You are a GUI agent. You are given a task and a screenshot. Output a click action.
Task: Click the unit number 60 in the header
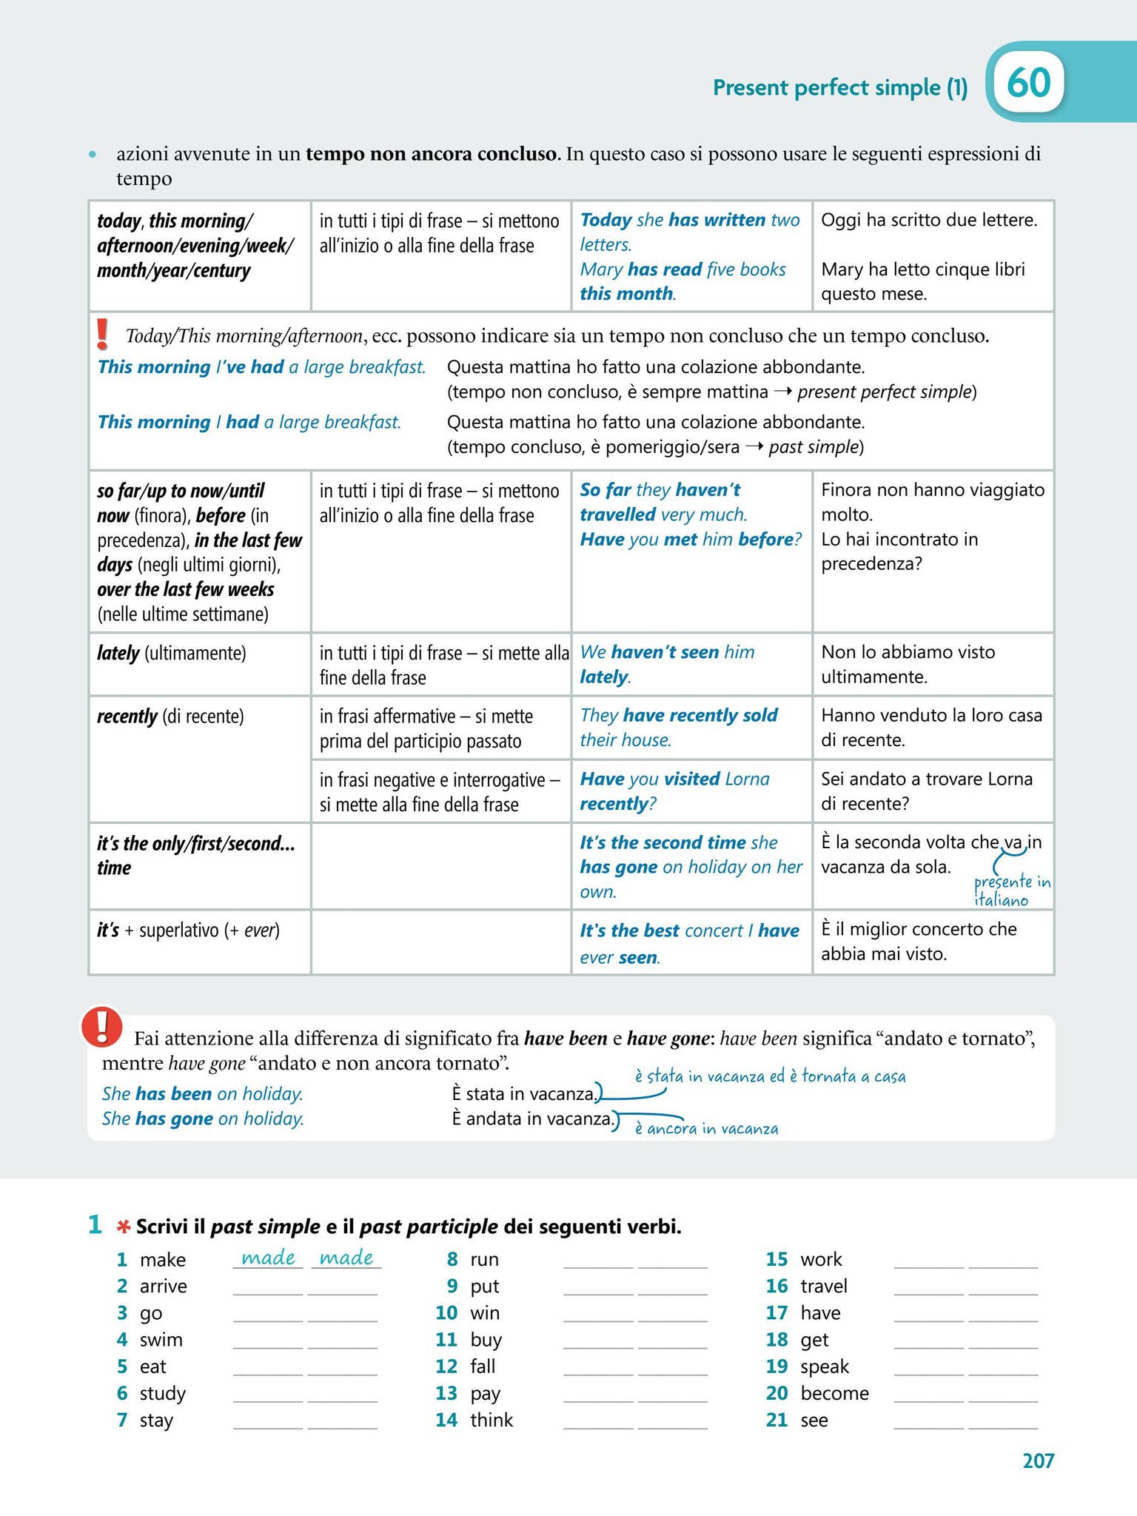click(x=1028, y=83)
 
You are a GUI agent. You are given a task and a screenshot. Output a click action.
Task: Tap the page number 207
click(x=1038, y=1460)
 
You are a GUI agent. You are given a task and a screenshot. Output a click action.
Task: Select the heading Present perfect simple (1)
click(x=839, y=88)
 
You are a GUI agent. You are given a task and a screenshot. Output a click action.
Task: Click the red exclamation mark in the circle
click(x=103, y=1027)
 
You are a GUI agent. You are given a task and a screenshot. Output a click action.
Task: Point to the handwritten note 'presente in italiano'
click(x=1011, y=891)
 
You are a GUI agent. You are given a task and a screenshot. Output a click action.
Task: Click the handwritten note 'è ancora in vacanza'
click(x=706, y=1129)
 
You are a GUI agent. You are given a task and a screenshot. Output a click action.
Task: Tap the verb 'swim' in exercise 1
click(x=161, y=1340)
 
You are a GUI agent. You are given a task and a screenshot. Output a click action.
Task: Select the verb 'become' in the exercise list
click(x=834, y=1393)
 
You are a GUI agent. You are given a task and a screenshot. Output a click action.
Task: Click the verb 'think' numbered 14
click(x=492, y=1420)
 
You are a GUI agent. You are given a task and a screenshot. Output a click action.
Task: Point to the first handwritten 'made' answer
click(x=268, y=1258)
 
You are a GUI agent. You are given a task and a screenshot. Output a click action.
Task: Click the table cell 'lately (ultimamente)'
click(x=171, y=654)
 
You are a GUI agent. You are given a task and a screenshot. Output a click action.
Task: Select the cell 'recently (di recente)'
click(x=170, y=717)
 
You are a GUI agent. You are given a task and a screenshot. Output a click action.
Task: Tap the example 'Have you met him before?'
click(x=690, y=540)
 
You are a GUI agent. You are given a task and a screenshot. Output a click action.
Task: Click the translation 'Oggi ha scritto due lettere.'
click(x=929, y=221)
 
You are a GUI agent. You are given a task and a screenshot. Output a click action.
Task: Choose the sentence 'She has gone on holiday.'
click(x=203, y=1118)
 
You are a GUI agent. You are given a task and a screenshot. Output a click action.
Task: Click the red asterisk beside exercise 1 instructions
click(x=123, y=1227)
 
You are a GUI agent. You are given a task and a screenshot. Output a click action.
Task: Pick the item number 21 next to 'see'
click(x=777, y=1420)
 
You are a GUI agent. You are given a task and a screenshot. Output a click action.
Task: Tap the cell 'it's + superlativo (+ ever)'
click(x=188, y=930)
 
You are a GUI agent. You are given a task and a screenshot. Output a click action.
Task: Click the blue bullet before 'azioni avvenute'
click(x=93, y=155)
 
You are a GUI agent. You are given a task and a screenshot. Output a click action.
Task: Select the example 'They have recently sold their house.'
click(x=678, y=728)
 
